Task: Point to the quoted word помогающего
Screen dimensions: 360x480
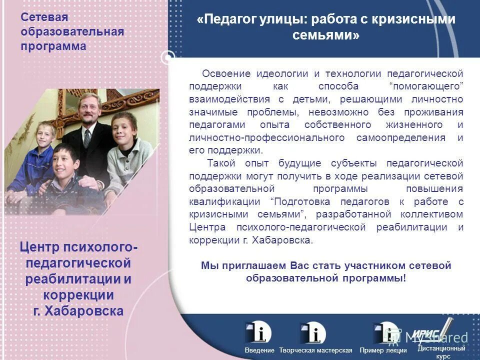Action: pos(426,86)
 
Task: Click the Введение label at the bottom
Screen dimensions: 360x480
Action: pos(259,350)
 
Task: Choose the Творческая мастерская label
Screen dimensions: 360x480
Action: pos(316,350)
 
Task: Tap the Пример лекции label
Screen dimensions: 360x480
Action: pos(383,350)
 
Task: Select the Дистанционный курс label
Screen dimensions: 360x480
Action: pos(441,351)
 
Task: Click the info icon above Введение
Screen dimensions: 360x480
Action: pos(258,332)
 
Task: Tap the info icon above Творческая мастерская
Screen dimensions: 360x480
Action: pos(312,332)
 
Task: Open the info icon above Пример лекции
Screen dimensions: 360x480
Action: pos(385,332)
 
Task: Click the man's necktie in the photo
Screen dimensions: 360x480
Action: pos(87,138)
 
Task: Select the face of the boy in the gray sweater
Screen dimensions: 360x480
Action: pos(122,127)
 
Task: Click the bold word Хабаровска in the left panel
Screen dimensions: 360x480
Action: pos(84,310)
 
